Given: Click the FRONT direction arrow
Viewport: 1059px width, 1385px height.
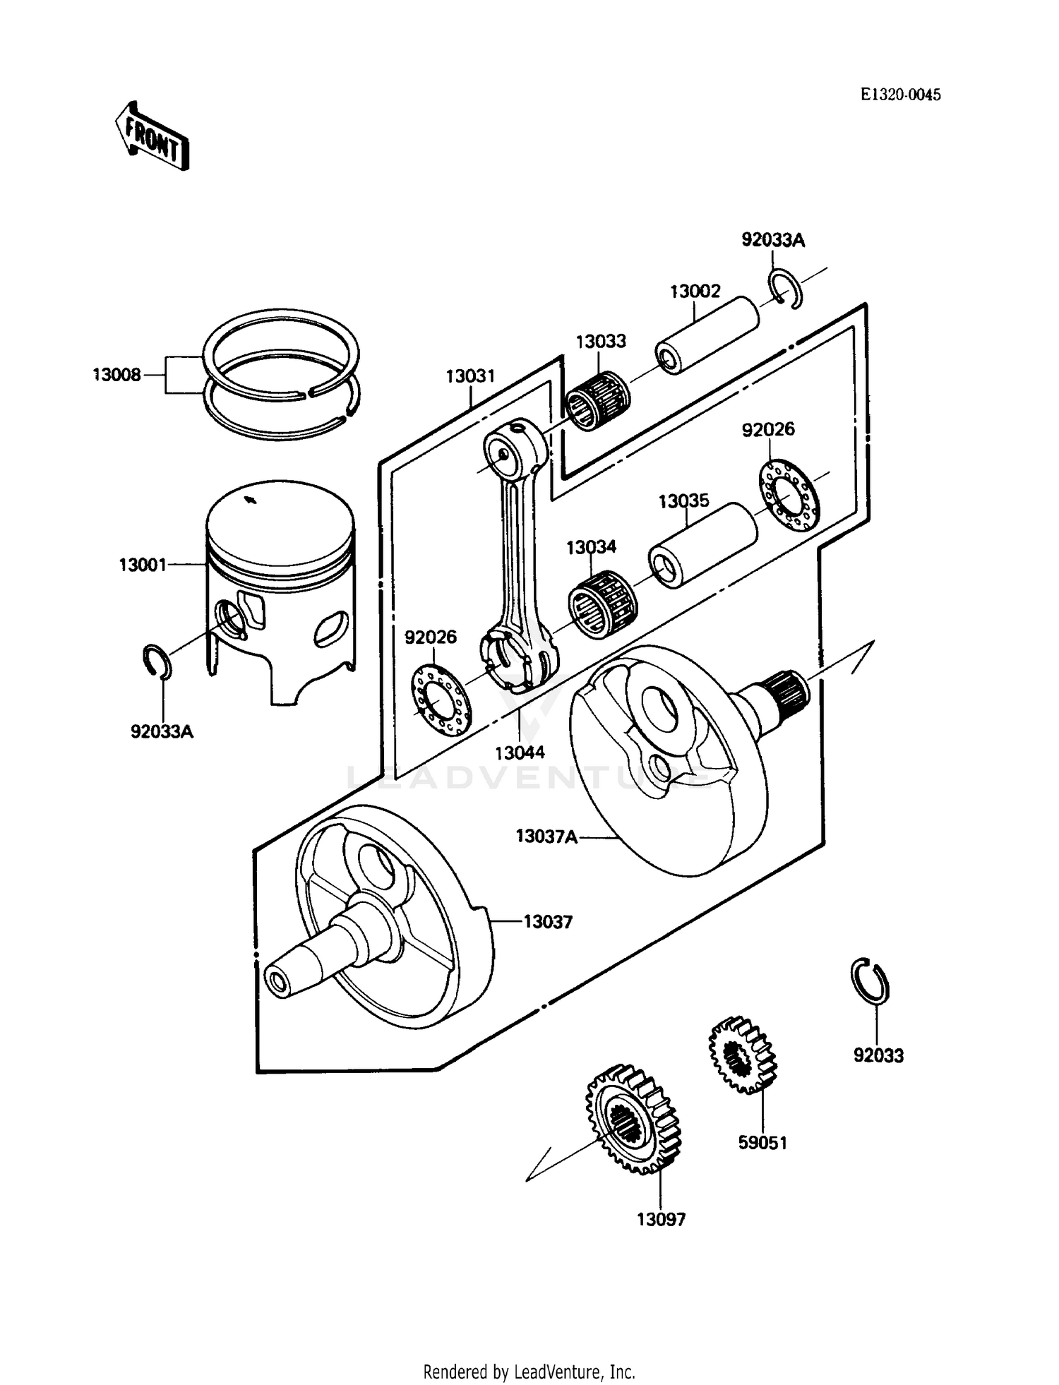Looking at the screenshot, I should [152, 136].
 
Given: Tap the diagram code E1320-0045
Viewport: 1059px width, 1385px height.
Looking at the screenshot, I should [900, 95].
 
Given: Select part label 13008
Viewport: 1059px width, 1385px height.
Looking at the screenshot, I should [116, 374].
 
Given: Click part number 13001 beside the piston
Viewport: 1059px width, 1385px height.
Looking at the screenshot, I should [143, 565].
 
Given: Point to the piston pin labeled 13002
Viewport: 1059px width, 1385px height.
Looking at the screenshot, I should [707, 335].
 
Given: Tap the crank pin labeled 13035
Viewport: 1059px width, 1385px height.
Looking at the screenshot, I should [702, 545].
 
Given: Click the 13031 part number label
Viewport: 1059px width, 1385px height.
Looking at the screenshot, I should [470, 376].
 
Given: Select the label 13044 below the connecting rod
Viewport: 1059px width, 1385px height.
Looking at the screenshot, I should [520, 753].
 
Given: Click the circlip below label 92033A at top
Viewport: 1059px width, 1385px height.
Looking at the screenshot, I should [784, 289].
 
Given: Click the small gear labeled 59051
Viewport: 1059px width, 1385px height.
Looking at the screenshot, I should [741, 1055].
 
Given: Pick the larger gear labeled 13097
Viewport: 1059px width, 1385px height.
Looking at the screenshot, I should [633, 1120].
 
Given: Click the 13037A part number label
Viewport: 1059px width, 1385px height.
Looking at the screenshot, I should [546, 837].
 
